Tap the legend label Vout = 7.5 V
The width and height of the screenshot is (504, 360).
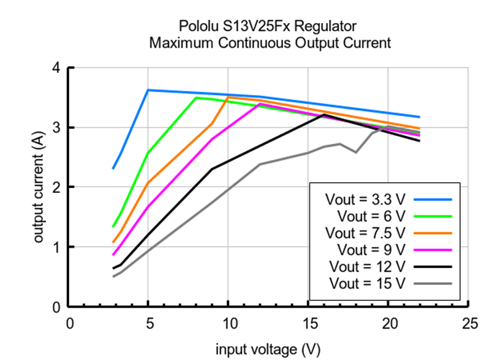(x=366, y=233)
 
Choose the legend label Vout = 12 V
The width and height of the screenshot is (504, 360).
(x=367, y=267)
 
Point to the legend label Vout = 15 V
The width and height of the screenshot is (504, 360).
(x=367, y=284)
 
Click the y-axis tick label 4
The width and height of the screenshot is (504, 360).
(x=56, y=68)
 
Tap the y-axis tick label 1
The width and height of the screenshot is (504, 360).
(x=56, y=247)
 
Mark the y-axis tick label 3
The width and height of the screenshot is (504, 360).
(x=56, y=128)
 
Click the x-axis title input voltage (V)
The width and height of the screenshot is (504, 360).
(x=269, y=349)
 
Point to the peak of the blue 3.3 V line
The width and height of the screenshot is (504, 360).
(x=148, y=90)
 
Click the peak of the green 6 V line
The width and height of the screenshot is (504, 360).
(x=197, y=98)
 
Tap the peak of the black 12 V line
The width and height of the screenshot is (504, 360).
(x=325, y=114)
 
